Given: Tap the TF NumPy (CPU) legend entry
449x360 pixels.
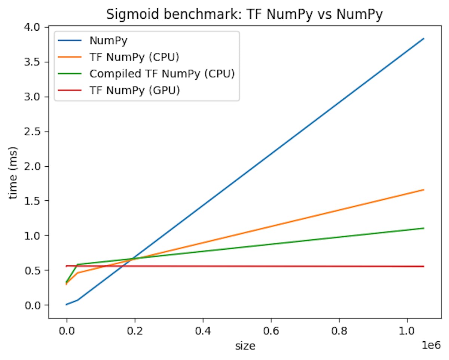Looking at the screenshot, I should click(x=134, y=57).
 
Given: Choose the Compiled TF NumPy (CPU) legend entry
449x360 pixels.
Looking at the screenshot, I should click(x=162, y=74).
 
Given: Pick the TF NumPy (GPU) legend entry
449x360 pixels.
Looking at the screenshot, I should click(x=135, y=90).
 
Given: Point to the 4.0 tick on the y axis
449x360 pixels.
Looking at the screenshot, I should click(x=37, y=27).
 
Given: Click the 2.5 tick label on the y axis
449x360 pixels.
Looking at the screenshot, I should click(x=37, y=132).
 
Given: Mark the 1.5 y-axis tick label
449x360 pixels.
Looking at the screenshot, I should click(x=37, y=201).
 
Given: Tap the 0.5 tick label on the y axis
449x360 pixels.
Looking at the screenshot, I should click(x=37, y=270).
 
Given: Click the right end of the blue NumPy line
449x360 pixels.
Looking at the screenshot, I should click(x=424, y=39).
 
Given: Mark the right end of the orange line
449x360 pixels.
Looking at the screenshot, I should click(x=424, y=190).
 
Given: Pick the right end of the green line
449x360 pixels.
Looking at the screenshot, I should click(x=424, y=228).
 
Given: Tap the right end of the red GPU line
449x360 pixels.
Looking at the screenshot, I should click(x=424, y=267).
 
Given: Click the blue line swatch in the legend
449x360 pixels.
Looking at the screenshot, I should click(x=70, y=40).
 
